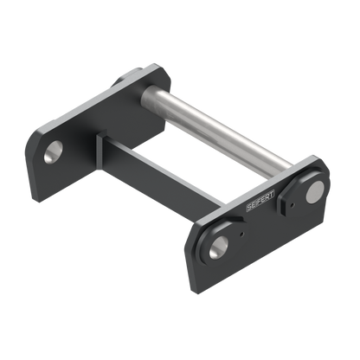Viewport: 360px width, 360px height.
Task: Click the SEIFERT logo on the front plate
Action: point(260,201)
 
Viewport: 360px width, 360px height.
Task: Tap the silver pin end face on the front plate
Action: point(315,192)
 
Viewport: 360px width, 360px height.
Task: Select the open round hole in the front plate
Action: point(219,247)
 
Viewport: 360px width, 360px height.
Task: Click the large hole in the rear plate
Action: point(54,151)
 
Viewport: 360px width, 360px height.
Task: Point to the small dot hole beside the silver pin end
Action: point(292,205)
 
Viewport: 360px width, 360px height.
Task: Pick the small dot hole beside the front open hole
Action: point(242,235)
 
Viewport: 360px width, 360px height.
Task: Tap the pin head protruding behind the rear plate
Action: point(127,76)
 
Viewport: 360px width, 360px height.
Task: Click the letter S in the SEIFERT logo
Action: point(249,207)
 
